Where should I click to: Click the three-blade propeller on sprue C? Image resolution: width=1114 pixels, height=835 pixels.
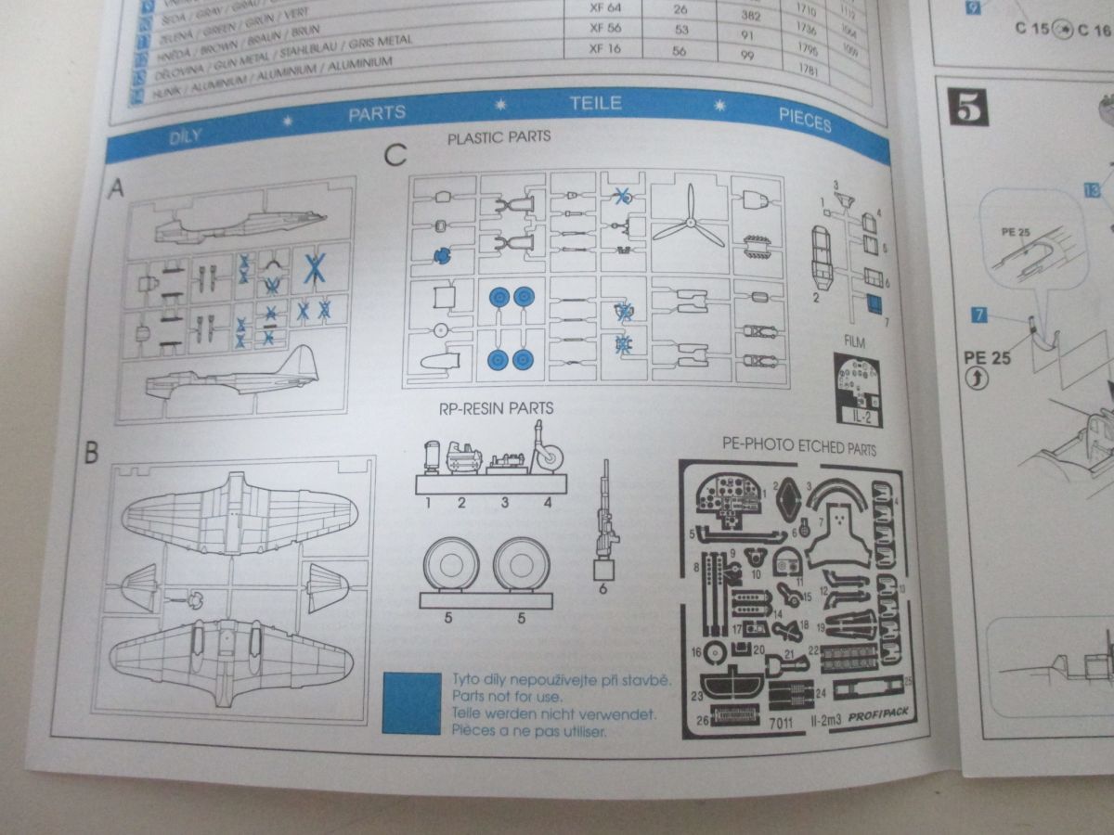(688, 216)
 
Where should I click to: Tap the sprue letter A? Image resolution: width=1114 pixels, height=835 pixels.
(117, 187)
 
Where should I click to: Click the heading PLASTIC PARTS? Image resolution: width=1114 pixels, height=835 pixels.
(499, 137)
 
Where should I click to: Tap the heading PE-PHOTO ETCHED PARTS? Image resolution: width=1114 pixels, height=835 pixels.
(798, 447)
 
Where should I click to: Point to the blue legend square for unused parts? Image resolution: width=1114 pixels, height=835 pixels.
(411, 702)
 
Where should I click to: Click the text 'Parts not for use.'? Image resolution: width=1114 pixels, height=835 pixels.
(509, 696)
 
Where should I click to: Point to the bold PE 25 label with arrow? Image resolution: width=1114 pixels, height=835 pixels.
(987, 357)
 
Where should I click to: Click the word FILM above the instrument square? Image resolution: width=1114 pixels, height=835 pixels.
(854, 342)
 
